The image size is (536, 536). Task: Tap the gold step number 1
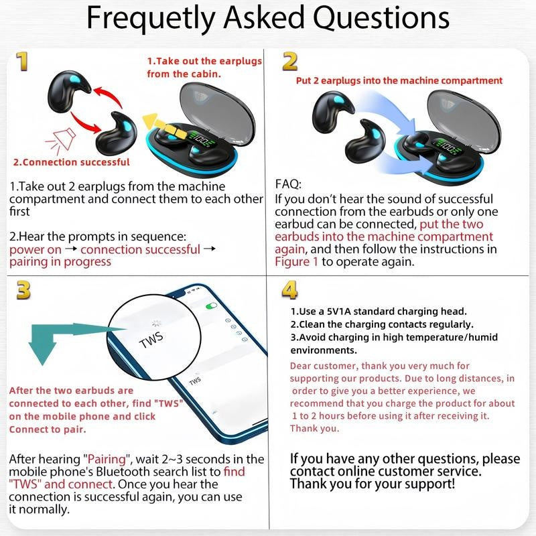tap(23, 62)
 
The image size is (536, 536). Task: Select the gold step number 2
tap(289, 62)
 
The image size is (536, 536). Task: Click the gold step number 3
tap(23, 289)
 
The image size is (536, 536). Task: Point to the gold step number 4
tap(289, 289)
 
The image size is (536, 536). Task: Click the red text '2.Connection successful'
tap(72, 162)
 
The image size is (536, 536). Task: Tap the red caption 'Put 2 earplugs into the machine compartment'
tap(399, 80)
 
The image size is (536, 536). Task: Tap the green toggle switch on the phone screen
tap(212, 305)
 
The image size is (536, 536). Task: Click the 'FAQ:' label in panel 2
tap(289, 184)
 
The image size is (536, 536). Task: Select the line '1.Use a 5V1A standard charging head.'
tap(379, 312)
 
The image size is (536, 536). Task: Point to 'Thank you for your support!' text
tap(373, 483)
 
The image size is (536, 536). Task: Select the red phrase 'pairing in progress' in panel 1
tap(60, 261)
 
